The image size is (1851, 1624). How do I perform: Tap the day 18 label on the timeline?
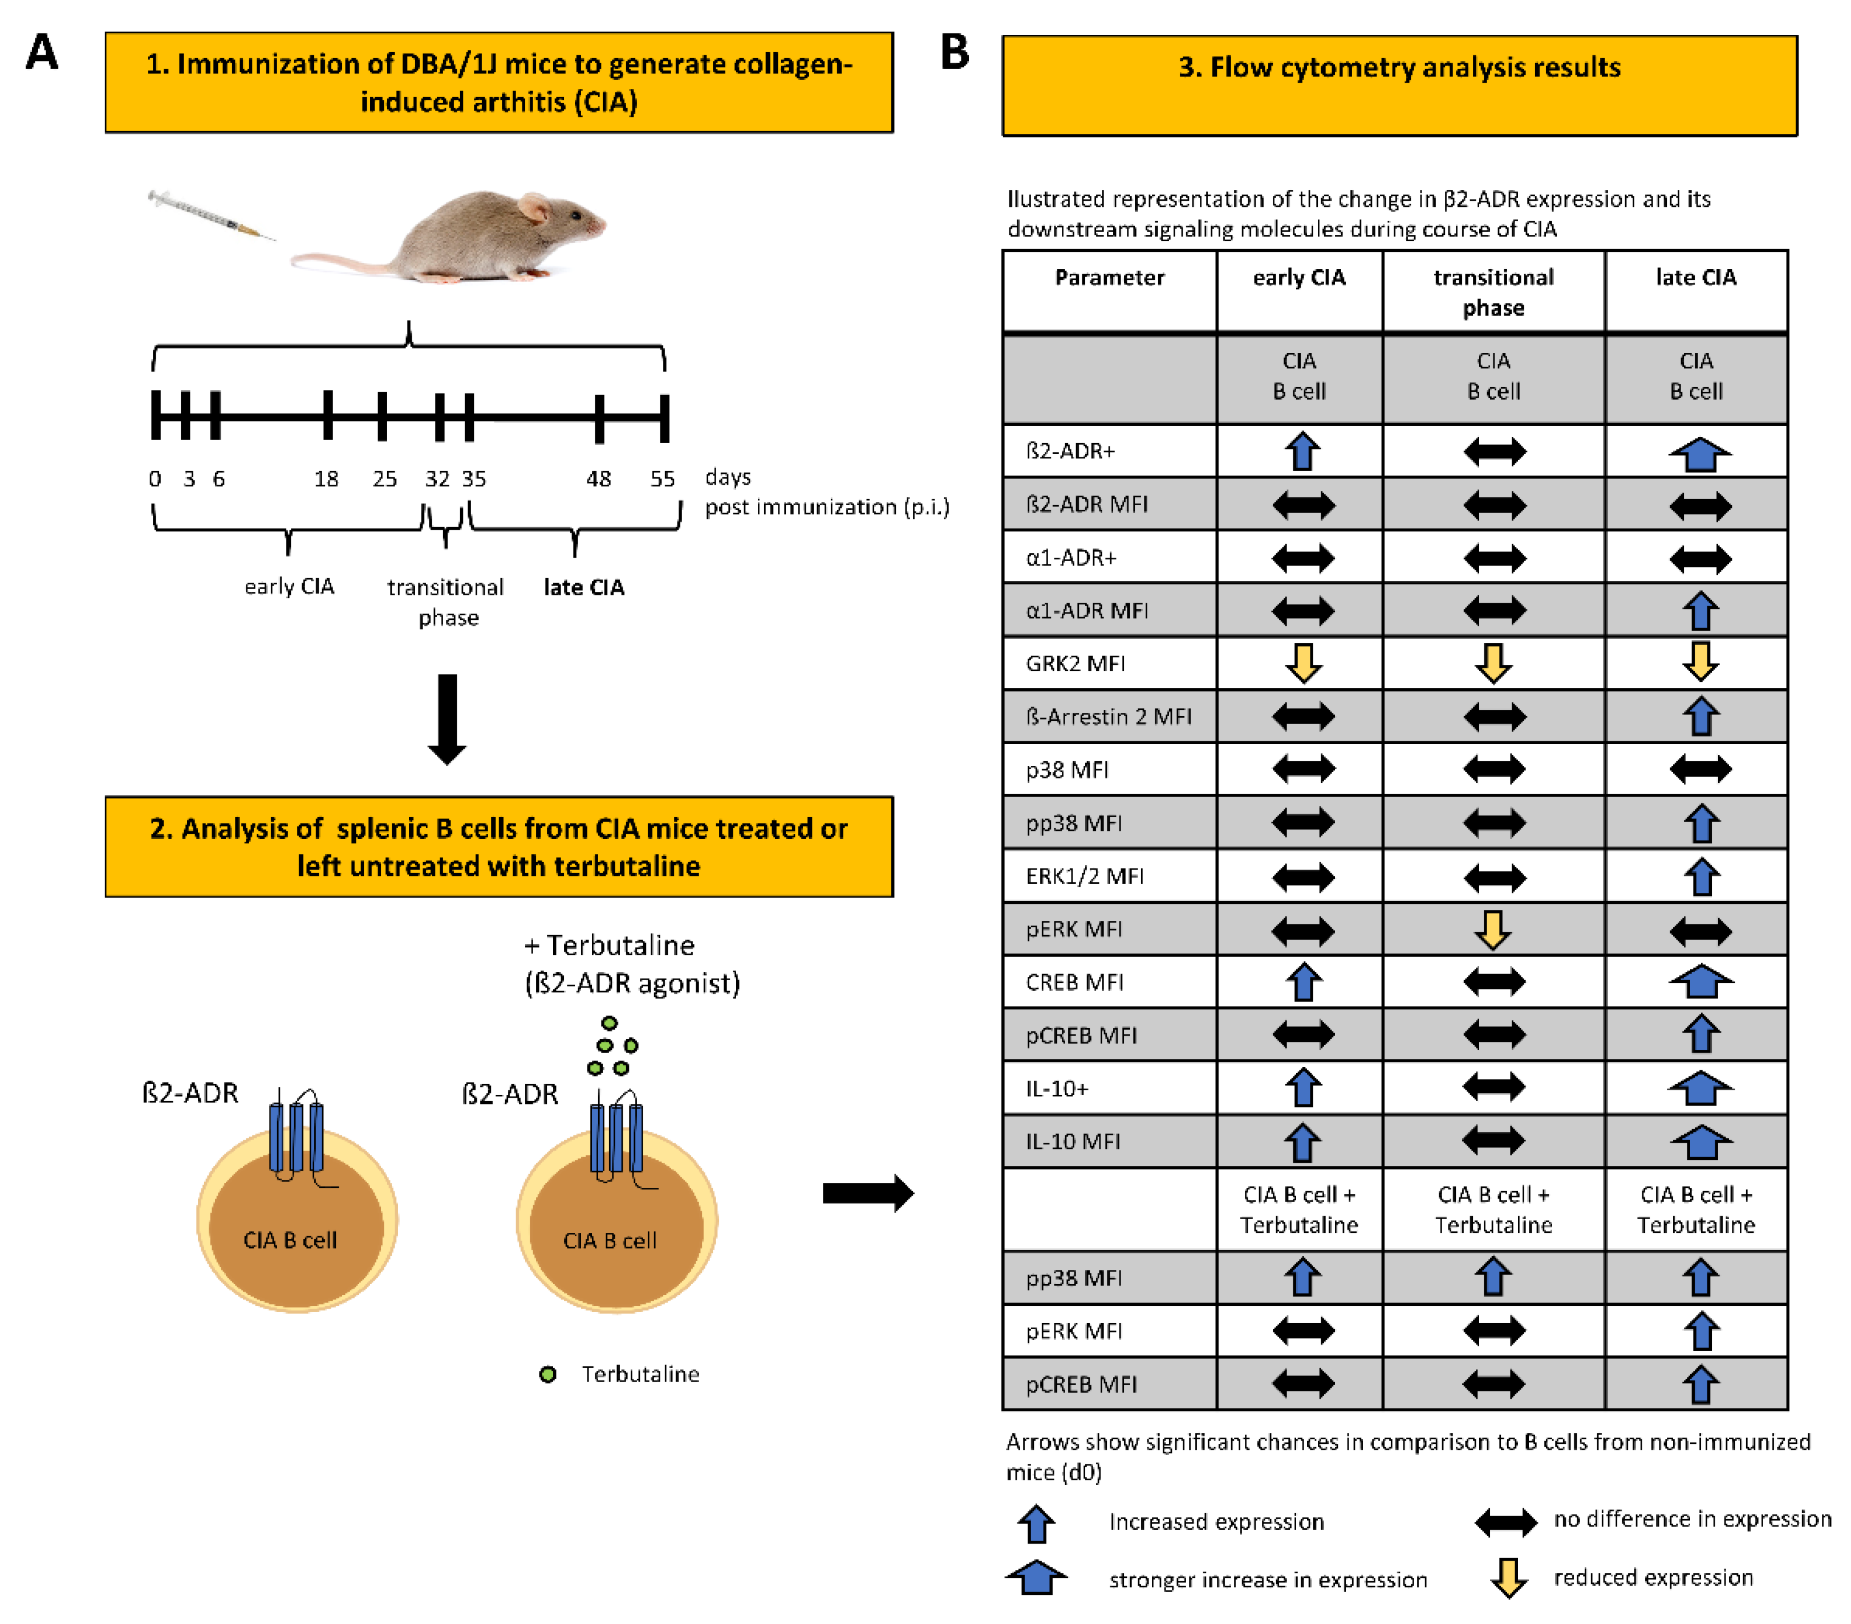(x=326, y=478)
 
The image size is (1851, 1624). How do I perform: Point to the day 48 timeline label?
(x=599, y=478)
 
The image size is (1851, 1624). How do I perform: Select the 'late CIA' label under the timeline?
(x=584, y=587)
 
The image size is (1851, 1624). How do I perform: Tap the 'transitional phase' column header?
(x=1493, y=291)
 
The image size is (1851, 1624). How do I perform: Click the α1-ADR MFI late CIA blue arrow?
(x=1700, y=611)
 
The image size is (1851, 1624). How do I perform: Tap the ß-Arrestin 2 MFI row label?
(x=1109, y=716)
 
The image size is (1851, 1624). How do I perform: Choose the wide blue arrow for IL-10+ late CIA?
(x=1700, y=1088)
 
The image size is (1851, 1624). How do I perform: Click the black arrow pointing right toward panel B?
(x=867, y=1193)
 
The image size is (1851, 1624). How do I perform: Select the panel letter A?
(x=42, y=52)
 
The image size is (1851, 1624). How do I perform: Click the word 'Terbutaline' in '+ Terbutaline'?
(x=620, y=945)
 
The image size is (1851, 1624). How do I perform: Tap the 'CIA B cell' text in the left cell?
(x=290, y=1240)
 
